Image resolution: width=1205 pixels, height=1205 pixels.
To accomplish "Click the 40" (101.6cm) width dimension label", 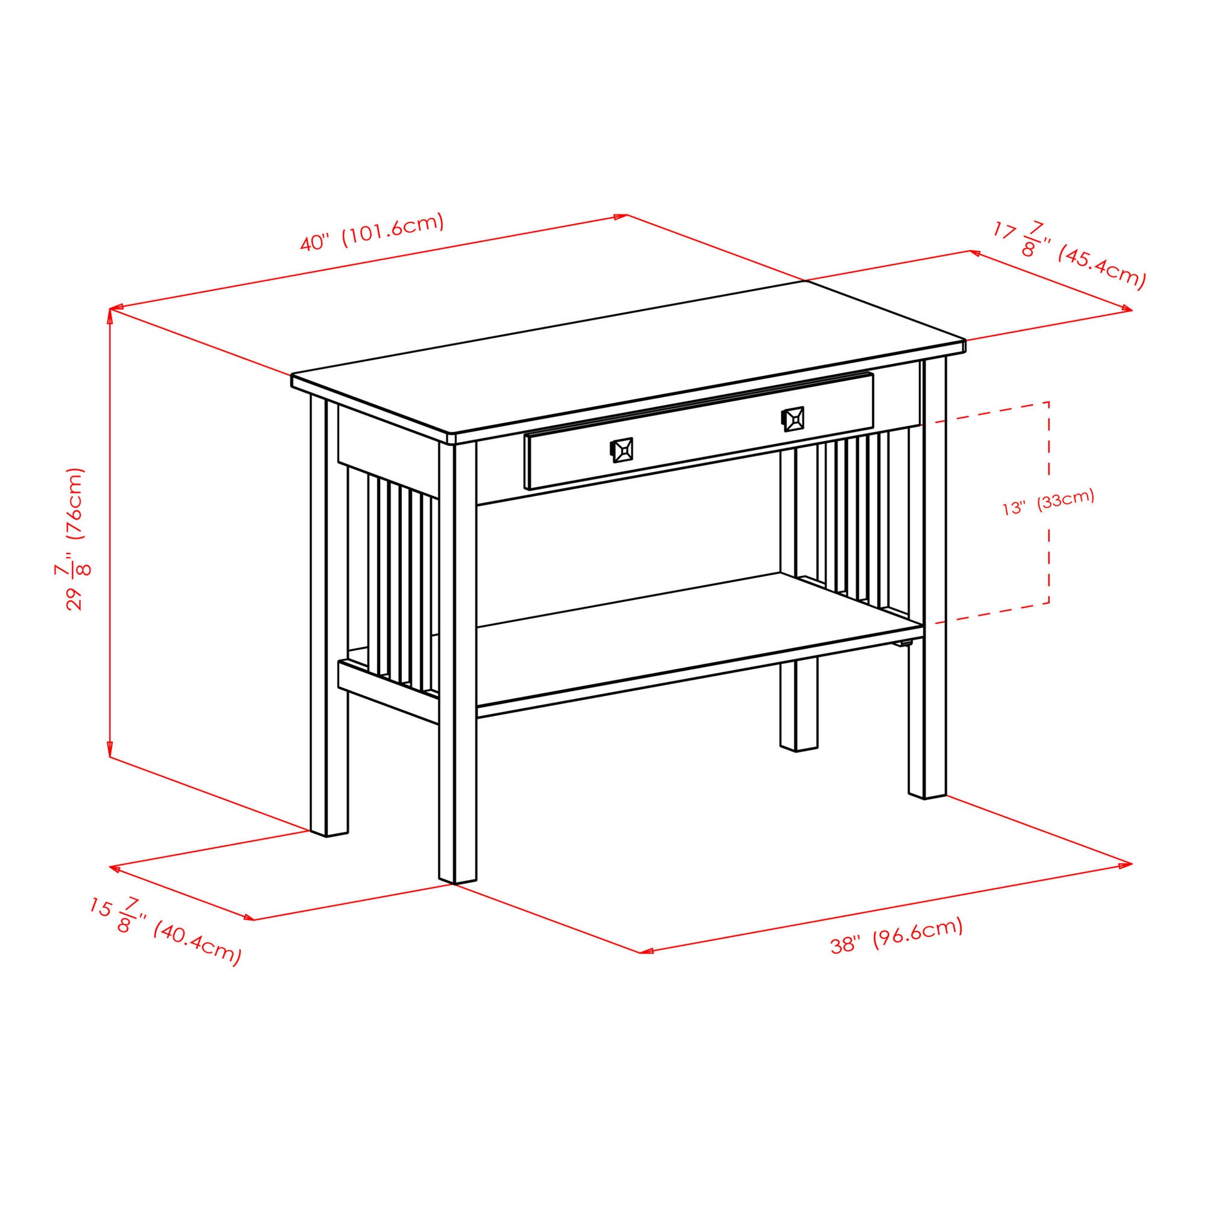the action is coord(372,232).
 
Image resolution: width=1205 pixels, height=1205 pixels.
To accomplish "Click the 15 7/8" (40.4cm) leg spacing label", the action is coord(165,932).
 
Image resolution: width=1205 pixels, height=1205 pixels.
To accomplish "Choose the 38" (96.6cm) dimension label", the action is coord(897,936).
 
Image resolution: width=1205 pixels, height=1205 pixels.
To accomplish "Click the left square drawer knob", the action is coord(621,450).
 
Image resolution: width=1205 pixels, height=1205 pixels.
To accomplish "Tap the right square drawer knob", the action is coord(792,419).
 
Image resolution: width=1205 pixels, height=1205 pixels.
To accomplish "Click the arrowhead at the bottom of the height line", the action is coord(110,751).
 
